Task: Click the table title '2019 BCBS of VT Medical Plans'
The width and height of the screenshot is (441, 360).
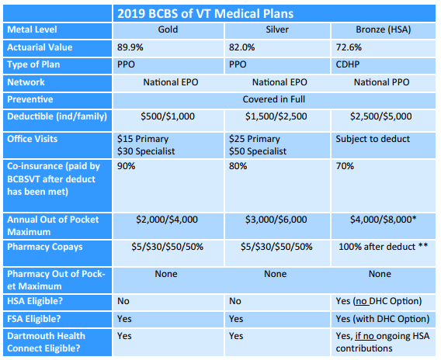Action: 205,13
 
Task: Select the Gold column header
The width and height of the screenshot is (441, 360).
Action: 168,29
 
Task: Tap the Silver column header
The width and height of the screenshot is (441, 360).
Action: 277,29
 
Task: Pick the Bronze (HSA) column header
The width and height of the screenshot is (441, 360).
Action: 384,29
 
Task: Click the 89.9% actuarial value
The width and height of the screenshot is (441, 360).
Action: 130,47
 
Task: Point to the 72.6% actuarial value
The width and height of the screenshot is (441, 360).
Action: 349,47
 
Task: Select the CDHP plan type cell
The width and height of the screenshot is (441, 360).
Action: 348,64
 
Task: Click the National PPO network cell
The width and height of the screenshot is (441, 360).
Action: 382,82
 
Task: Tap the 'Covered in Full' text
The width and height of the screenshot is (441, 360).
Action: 273,99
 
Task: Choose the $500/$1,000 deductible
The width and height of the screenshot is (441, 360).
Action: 168,116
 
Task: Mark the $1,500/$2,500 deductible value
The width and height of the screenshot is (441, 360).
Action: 276,116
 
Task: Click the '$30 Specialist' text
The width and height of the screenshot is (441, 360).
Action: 146,151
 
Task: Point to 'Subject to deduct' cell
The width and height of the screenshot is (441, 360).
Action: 373,139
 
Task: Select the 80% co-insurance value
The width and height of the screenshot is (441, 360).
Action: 238,166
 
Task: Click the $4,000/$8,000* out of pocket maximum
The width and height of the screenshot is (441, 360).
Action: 383,220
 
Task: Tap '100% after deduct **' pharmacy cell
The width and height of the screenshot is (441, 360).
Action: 383,247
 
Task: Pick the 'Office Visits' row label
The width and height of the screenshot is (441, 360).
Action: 33,139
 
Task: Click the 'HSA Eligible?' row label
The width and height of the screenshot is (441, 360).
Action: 35,301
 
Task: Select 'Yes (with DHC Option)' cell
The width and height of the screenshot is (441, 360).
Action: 383,319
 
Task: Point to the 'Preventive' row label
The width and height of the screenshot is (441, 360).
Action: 30,99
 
